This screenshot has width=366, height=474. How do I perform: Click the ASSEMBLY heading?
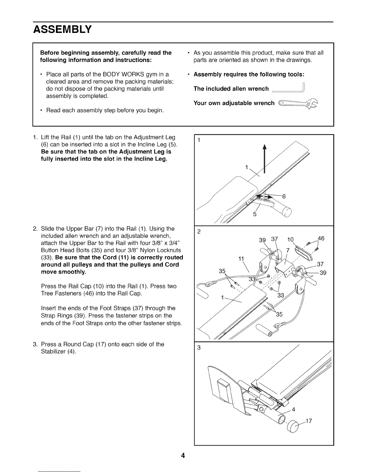coord(62,29)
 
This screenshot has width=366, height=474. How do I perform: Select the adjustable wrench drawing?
coord(298,103)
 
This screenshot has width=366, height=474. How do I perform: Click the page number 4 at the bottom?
coord(183,456)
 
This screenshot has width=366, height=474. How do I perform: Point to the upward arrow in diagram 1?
coord(264,159)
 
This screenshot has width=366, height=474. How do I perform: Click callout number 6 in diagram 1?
coord(284,196)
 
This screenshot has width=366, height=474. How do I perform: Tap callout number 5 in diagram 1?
coord(255,214)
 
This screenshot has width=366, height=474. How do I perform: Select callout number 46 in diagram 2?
coord(321,238)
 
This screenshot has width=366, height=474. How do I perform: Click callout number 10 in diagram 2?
coord(290,240)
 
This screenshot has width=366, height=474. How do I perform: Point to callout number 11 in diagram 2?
coord(241,259)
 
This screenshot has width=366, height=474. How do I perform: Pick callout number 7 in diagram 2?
coord(288,250)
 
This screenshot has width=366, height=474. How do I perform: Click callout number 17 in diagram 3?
coord(309,421)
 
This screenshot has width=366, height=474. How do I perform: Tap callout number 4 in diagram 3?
coord(294,409)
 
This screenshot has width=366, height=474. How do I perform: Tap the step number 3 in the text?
coord(35,344)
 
